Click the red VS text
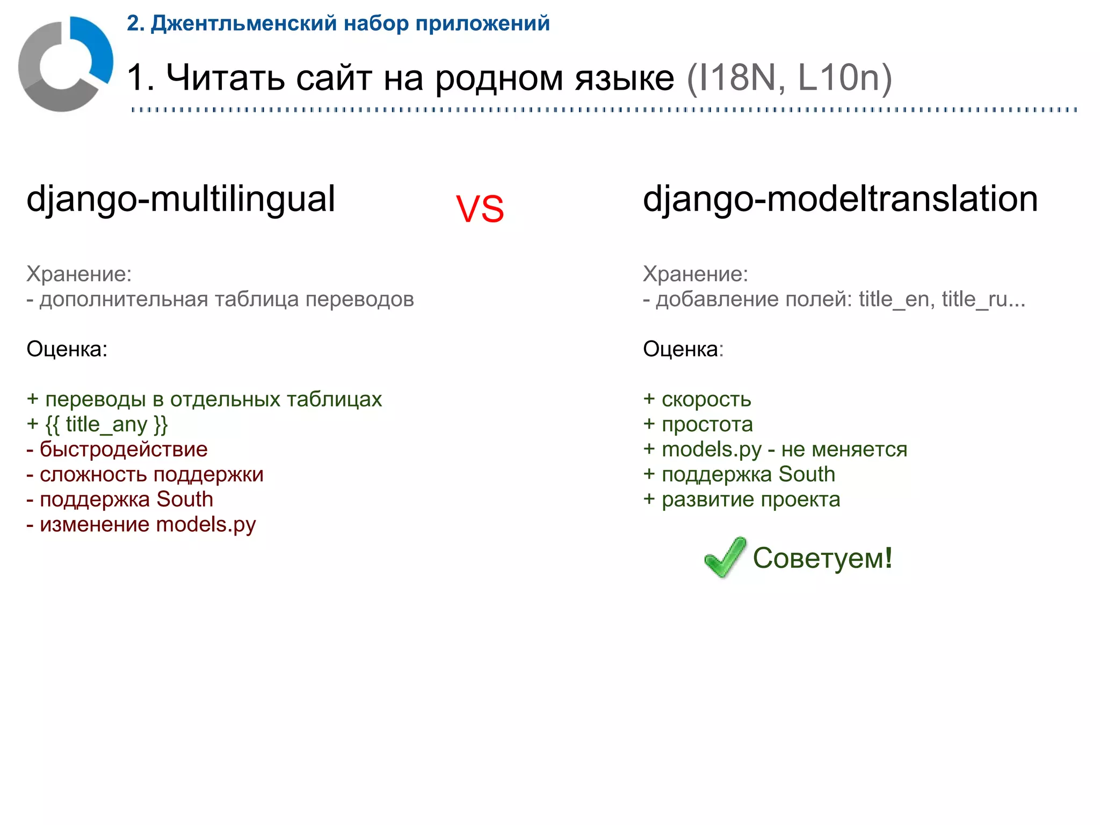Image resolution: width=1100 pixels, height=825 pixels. tap(480, 209)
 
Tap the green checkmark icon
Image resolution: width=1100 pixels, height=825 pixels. tap(725, 557)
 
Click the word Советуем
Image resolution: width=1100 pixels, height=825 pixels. tap(822, 558)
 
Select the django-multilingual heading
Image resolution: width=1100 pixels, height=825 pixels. tap(180, 199)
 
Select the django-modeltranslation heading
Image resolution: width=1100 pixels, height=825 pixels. tap(840, 199)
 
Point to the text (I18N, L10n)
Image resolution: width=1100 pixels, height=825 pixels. tap(789, 78)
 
